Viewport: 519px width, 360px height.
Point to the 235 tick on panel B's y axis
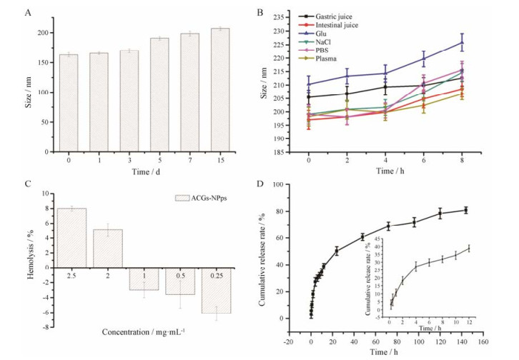[282, 12]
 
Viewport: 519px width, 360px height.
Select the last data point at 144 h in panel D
[467, 210]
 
